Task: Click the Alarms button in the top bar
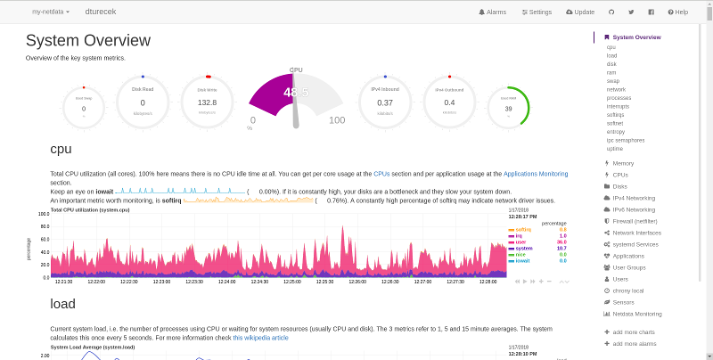[x=492, y=12]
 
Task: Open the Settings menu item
[x=537, y=12]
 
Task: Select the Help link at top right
[x=677, y=12]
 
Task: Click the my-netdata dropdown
[x=51, y=12]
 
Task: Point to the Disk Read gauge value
[x=143, y=102]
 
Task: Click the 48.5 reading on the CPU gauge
[x=296, y=93]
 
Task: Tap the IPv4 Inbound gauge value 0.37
[x=385, y=102]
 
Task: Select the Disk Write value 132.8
[x=207, y=102]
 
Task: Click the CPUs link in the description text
[x=381, y=174]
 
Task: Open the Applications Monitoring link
[x=536, y=174]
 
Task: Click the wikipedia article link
[x=260, y=338]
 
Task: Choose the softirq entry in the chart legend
[x=524, y=229]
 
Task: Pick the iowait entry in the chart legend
[x=523, y=260]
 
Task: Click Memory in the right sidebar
[x=623, y=163]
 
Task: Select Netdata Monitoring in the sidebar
[x=636, y=314]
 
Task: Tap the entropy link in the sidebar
[x=616, y=131]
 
